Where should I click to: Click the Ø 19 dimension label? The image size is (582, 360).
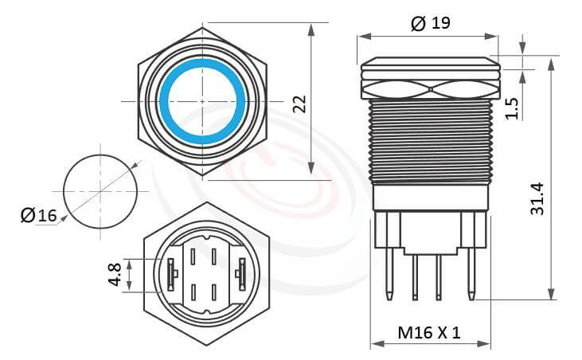pos(431,23)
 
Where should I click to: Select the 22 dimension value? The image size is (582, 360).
pos(299,104)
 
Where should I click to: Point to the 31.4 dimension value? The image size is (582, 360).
pos(537,198)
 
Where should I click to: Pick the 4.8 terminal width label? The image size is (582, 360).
pos(116,275)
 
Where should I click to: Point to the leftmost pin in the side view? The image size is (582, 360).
pos(388,271)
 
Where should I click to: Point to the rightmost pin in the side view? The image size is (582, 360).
pos(471,271)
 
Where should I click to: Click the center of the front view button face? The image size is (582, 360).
pos(202,102)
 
